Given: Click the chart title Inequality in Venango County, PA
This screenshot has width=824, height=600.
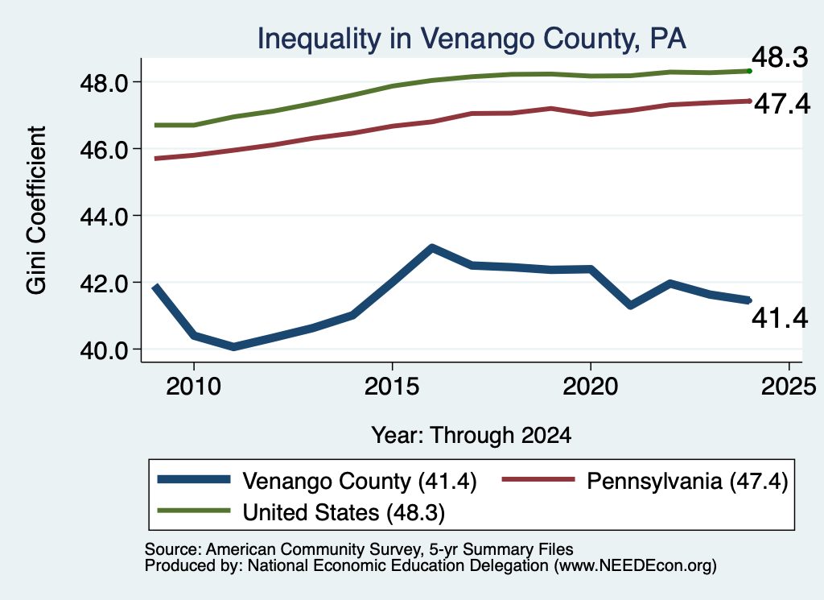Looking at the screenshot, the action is [472, 39].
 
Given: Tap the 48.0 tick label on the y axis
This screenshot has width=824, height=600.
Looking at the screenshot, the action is [104, 83].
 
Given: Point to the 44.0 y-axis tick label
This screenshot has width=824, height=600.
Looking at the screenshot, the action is [104, 216].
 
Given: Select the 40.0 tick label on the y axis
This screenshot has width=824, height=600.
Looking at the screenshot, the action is [104, 350].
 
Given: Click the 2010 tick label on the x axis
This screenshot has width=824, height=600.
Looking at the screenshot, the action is [194, 387].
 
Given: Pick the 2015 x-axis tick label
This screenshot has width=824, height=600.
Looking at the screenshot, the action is [392, 387].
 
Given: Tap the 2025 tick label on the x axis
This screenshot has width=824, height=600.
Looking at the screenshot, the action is [789, 387].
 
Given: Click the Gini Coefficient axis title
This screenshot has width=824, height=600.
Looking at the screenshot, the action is [36, 210].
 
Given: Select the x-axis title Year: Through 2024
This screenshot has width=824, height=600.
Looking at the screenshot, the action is [472, 436].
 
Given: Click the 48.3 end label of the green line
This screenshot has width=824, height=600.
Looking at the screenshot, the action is [780, 57].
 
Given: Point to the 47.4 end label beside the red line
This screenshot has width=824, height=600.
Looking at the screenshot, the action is [782, 104].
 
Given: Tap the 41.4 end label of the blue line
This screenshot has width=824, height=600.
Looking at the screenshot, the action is [780, 317].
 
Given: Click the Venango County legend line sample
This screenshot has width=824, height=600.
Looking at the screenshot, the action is [194, 479].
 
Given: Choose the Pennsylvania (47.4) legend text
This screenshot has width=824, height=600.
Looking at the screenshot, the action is [687, 482].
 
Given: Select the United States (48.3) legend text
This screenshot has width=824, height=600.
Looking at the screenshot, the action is [344, 513].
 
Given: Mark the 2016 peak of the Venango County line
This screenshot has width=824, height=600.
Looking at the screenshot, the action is [431, 248].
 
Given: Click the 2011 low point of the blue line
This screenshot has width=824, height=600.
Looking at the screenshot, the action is [233, 346].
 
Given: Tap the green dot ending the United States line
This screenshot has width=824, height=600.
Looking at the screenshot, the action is [749, 71].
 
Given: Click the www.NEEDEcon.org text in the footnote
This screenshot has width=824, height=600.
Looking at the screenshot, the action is [635, 566].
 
